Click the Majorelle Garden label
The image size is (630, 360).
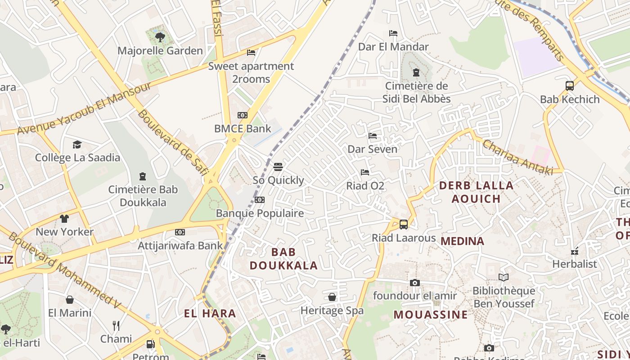(x=160, y=50)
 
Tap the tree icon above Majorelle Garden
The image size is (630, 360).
(x=160, y=37)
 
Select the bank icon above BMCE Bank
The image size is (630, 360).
(x=243, y=115)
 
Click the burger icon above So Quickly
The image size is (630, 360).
(x=278, y=167)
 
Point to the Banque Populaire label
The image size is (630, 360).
(x=260, y=213)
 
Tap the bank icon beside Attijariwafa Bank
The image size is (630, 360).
(x=180, y=232)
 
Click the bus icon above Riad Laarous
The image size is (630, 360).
(x=404, y=224)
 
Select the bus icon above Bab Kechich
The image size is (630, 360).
(x=570, y=86)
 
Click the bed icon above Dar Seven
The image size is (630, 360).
(x=373, y=135)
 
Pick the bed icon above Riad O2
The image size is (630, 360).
(x=365, y=172)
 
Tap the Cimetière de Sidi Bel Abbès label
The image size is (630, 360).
(x=417, y=92)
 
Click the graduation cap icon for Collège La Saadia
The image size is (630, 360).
(x=77, y=144)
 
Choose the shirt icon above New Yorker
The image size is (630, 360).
(x=64, y=219)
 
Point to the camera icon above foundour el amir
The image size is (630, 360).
(x=415, y=283)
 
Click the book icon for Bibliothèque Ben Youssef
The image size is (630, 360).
(x=504, y=278)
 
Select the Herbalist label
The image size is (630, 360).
(x=575, y=264)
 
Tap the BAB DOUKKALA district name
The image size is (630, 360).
(x=284, y=259)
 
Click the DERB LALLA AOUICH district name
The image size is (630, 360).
(x=476, y=192)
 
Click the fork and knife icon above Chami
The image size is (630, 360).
(x=116, y=325)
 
